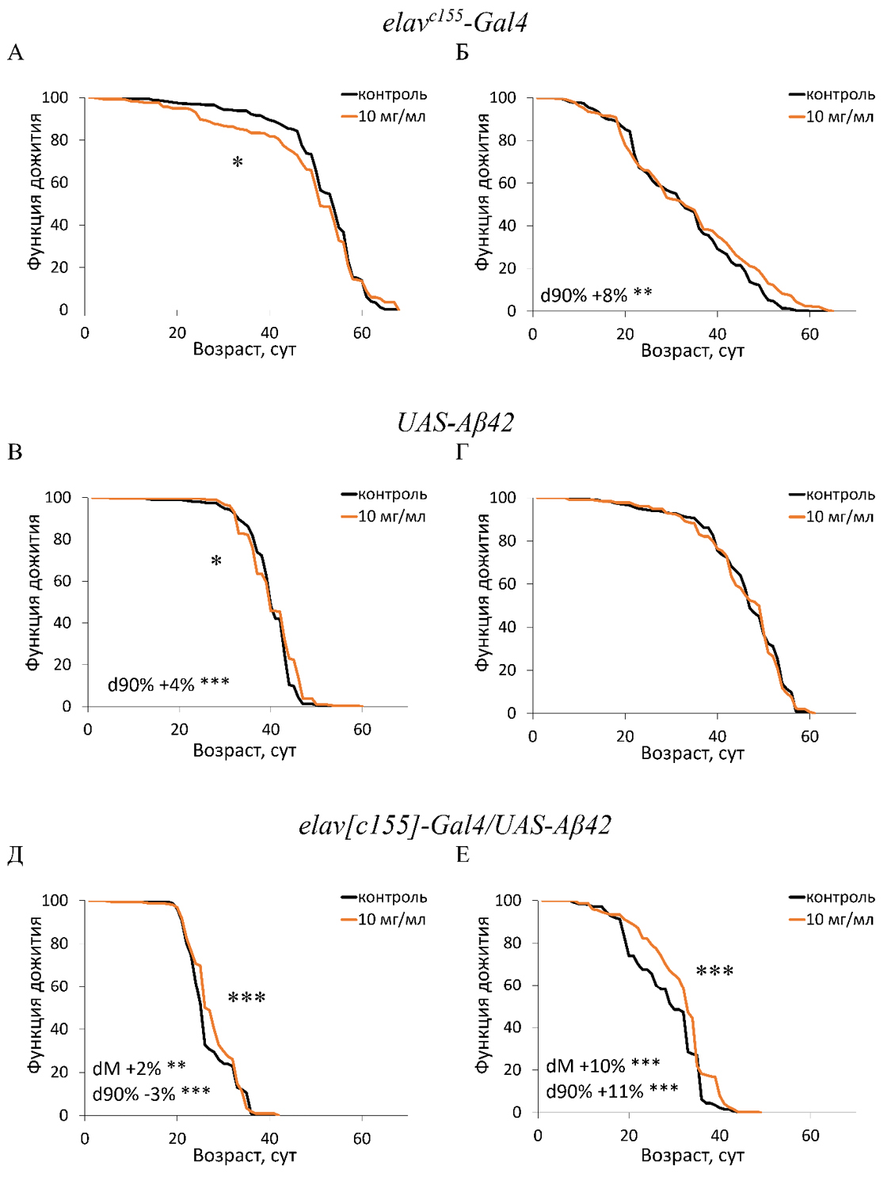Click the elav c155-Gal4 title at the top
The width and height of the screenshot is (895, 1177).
click(x=455, y=21)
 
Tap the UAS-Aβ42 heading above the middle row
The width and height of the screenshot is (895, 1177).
click(x=455, y=423)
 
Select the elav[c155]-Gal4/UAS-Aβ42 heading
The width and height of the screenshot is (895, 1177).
click(x=455, y=826)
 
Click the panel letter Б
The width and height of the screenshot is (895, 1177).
click(x=463, y=53)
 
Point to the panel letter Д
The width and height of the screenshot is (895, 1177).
click(x=15, y=856)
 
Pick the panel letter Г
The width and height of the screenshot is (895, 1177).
click(x=462, y=453)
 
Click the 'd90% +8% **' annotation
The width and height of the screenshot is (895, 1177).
click(x=596, y=295)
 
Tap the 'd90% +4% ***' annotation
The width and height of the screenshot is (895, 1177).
click(x=168, y=684)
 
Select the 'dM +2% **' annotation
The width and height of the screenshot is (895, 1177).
click(x=139, y=1069)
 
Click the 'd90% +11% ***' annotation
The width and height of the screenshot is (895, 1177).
click(x=611, y=1092)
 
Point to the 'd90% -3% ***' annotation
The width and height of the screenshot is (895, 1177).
click(x=151, y=1094)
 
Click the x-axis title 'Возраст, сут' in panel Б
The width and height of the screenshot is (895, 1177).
click(x=692, y=351)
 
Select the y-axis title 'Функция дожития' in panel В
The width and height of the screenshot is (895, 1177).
click(x=33, y=593)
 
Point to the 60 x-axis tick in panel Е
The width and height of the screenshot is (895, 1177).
click(x=810, y=1136)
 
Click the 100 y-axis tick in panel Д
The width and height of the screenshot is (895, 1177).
click(x=55, y=901)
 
